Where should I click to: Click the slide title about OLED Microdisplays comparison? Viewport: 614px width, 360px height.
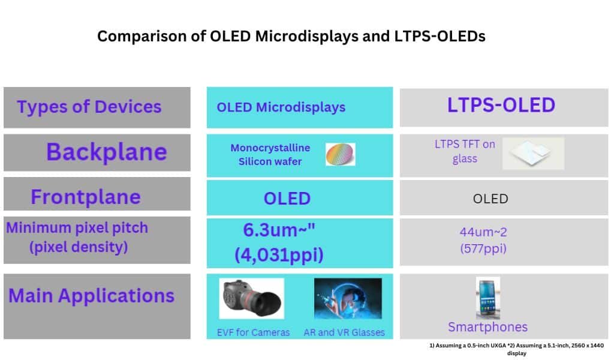(291, 36)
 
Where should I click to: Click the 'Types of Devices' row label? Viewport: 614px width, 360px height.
(89, 107)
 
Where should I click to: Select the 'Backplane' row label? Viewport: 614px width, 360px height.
(106, 152)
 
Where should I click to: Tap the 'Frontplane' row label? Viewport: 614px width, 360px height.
(86, 197)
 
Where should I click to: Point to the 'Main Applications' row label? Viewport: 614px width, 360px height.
(91, 296)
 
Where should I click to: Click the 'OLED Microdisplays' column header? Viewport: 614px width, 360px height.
(281, 107)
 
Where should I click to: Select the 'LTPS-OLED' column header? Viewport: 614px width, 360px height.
(501, 105)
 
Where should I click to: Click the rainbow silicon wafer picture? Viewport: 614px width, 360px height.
(340, 155)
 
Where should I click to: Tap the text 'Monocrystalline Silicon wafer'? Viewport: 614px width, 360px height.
(270, 154)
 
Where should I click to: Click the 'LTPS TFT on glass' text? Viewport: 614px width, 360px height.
(465, 151)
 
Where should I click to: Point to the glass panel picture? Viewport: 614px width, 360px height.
(533, 154)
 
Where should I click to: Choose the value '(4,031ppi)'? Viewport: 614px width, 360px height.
(279, 255)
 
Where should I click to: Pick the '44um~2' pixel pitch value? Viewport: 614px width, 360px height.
(483, 232)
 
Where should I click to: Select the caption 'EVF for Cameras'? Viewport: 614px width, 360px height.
(253, 332)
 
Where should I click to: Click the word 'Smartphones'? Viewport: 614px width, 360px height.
(487, 327)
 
